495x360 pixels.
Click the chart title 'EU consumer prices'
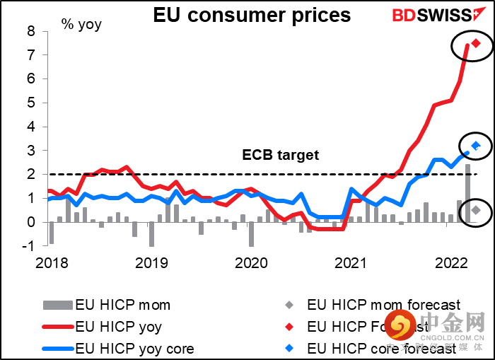pos(252,15)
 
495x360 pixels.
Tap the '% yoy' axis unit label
pos(81,25)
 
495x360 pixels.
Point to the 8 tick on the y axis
pos(31,31)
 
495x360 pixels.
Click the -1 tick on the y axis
pos(28,246)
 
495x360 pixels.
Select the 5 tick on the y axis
pos(31,103)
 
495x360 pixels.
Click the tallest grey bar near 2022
pos(467,192)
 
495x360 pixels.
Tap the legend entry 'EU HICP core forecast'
pos(382,348)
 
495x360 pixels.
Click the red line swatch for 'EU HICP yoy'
pos(57,327)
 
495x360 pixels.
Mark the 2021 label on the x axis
pos(349,263)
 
